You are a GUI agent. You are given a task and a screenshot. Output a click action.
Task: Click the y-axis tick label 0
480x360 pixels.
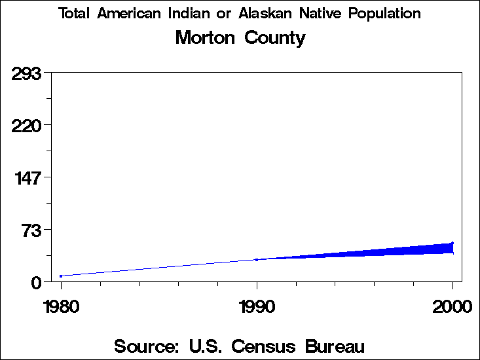37,282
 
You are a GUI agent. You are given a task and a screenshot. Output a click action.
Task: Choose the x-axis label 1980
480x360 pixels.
61,306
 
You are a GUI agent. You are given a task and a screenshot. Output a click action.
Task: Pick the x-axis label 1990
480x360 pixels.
257,306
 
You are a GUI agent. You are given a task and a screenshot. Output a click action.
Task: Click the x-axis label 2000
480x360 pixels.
452,306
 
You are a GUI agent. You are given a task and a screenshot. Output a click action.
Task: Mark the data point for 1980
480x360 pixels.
61,276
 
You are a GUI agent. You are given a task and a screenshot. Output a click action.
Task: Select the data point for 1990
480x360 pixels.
257,260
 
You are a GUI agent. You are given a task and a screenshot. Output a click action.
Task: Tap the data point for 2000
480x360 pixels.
452,243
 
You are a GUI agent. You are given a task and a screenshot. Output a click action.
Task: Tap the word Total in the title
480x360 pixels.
75,14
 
